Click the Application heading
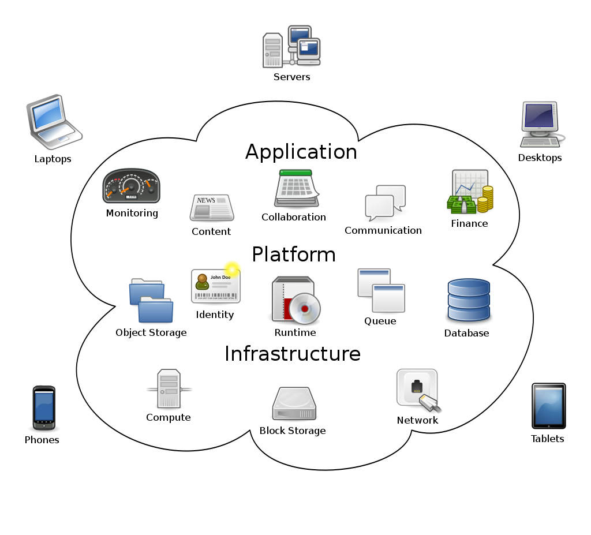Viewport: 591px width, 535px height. pos(301,152)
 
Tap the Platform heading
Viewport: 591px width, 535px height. pos(294,255)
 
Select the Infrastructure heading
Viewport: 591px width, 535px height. pos(292,353)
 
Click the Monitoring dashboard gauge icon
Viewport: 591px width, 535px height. pos(131,186)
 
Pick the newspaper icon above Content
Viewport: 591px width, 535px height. pos(211,208)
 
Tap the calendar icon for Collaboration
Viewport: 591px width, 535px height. pos(296,189)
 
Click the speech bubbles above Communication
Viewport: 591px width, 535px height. pos(385,203)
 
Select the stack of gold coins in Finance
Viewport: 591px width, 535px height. pos(487,198)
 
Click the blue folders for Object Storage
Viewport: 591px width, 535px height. pos(151,301)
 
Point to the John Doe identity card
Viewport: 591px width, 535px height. pos(216,286)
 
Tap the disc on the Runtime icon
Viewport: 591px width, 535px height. pos(304,308)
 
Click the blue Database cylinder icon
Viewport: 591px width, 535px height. pos(468,300)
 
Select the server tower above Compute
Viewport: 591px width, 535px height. pos(169,389)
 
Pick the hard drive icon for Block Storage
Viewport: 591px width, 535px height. pos(294,404)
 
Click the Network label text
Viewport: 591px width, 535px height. pos(417,420)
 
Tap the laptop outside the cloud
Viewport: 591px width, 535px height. pos(53,122)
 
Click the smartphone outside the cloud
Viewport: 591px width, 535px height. pos(44,407)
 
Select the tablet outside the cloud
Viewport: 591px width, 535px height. pos(548,406)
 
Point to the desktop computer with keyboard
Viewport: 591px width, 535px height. pos(540,124)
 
